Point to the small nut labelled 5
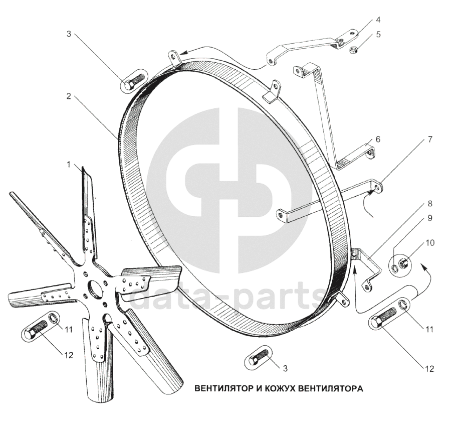pos(353,49)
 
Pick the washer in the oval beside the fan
pos(53,320)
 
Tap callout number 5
pos(379,35)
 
